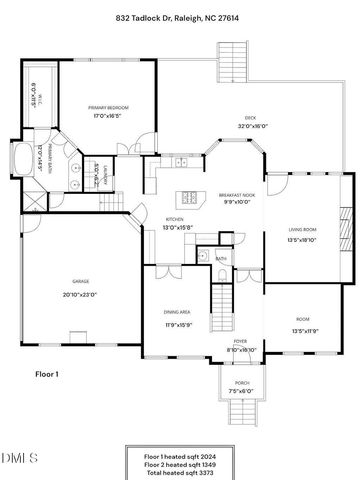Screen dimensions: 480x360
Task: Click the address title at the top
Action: pyautogui.click(x=180, y=18)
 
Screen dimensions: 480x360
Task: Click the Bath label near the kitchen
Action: pyautogui.click(x=221, y=257)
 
